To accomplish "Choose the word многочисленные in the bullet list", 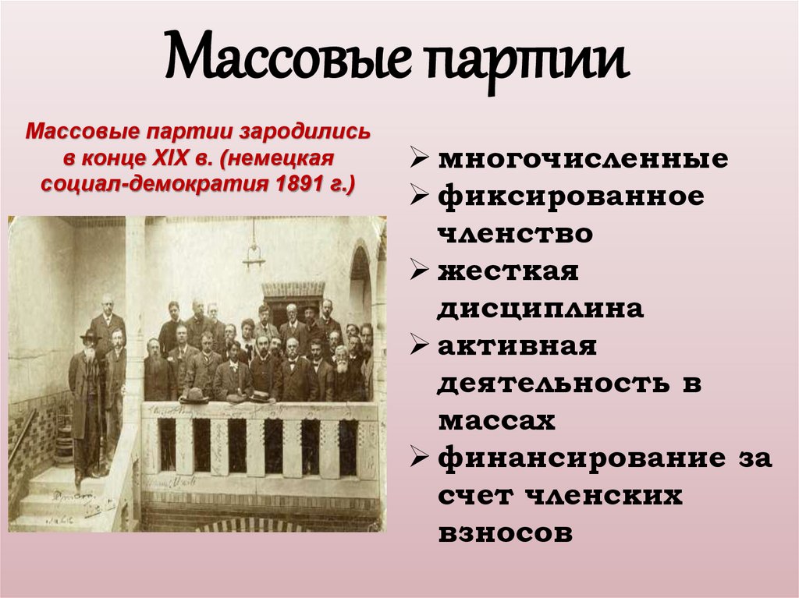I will [582, 159].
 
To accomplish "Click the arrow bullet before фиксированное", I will [419, 196].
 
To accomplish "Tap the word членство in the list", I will [514, 233].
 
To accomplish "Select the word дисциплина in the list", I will [540, 308].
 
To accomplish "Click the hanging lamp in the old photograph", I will [254, 253].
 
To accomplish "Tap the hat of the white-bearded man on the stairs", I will [89, 335].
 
